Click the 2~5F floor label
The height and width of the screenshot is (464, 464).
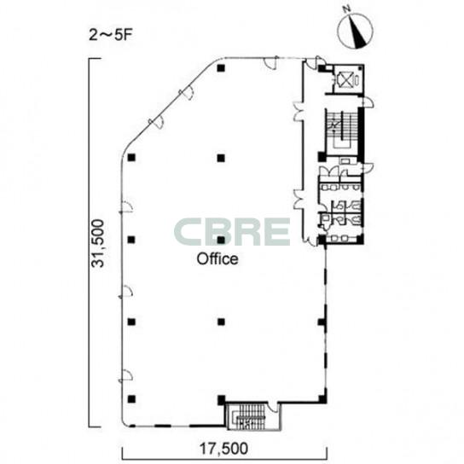[x=111, y=35]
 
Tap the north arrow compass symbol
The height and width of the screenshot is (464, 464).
[x=355, y=30]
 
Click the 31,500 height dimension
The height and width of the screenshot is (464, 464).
[x=98, y=243]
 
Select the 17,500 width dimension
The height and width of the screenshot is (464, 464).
[x=223, y=449]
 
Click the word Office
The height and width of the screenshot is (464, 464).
[x=217, y=259]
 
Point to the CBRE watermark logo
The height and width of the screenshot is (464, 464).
[x=232, y=232]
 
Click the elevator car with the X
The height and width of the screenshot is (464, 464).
[x=345, y=79]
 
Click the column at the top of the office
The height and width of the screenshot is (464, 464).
[x=221, y=68]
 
